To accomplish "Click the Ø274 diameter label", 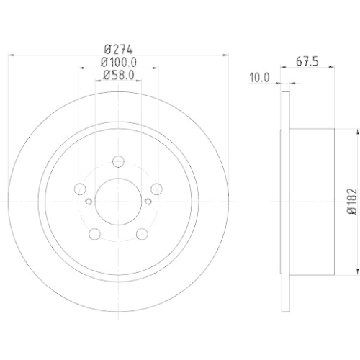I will click(117, 50).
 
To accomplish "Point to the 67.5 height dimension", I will click(306, 62).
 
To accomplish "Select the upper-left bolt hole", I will click(80, 190).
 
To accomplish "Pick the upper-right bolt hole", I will click(154, 190).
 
